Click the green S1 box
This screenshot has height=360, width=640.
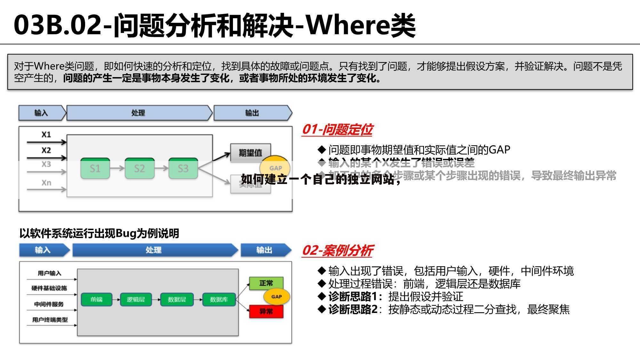[95, 168]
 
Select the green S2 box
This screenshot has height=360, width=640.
[139, 168]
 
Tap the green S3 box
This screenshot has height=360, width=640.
[183, 168]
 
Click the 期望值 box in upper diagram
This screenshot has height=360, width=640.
[251, 153]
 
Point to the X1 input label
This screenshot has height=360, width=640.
[46, 134]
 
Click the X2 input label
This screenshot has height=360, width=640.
[46, 150]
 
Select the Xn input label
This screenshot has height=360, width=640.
[46, 183]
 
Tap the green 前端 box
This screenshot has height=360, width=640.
[96, 300]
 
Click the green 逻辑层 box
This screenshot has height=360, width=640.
[136, 300]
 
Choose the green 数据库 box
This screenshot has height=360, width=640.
[219, 300]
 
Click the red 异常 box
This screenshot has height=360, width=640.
[266, 311]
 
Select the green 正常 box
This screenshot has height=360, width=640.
[266, 283]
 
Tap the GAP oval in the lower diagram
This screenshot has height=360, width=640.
[276, 297]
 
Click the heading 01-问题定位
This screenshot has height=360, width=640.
[337, 130]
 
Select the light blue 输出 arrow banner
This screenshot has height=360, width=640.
[252, 113]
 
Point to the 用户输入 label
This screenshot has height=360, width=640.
[49, 273]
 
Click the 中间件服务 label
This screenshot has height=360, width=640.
[49, 304]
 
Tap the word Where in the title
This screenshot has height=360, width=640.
[348, 25]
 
